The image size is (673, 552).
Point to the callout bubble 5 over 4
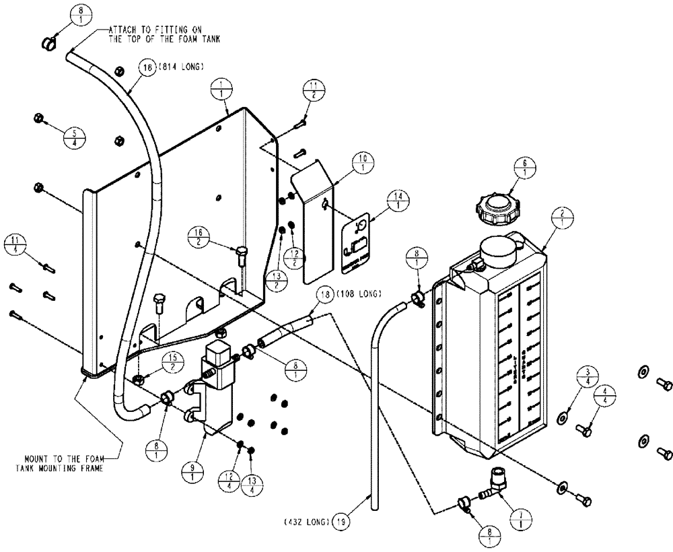(73, 136)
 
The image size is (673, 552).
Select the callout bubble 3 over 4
(588, 376)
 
